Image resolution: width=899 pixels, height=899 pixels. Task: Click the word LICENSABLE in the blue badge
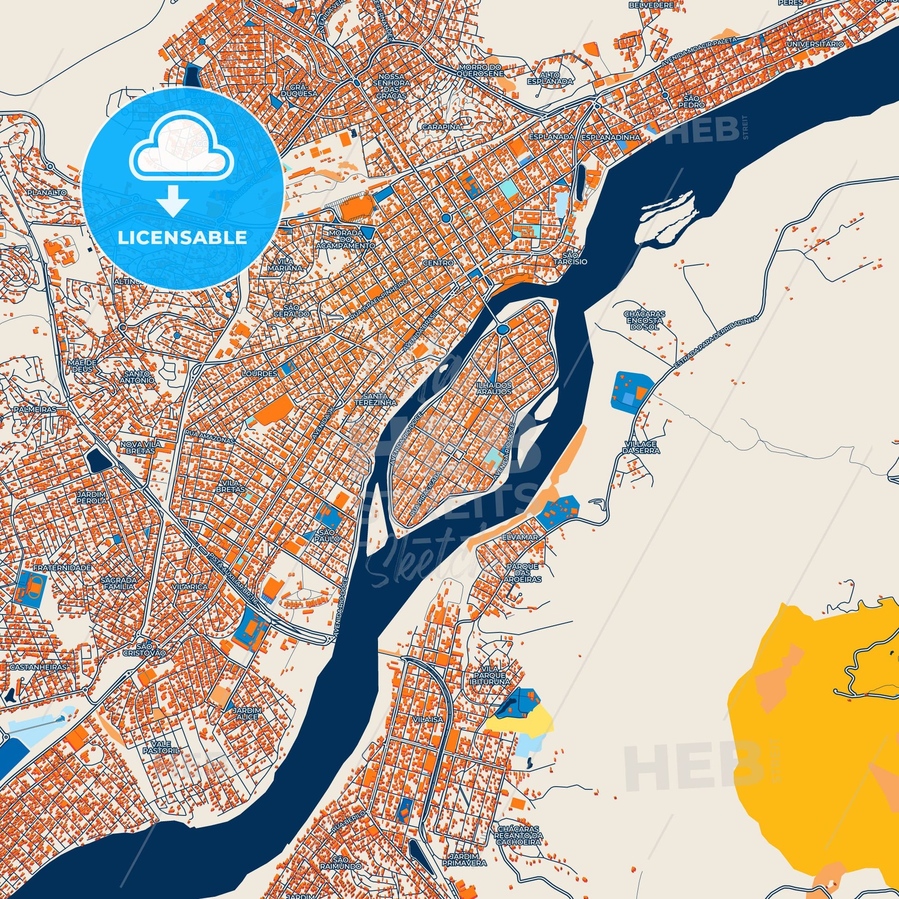pos(182,238)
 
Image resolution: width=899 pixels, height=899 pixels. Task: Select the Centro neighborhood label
pos(438,263)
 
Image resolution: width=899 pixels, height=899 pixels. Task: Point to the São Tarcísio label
pos(574,258)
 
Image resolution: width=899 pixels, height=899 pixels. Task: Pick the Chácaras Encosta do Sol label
pos(645,321)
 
